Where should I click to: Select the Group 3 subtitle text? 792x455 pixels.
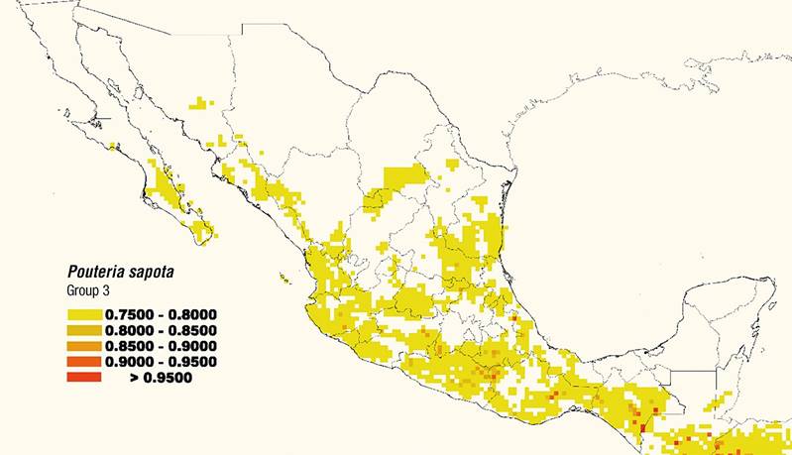(90, 290)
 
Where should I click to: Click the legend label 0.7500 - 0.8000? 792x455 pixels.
(161, 314)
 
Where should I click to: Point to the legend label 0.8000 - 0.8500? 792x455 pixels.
(161, 330)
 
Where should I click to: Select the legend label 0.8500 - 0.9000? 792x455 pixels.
(161, 345)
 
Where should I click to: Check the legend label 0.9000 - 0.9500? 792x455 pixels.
(161, 361)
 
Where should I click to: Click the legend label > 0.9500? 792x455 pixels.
(161, 377)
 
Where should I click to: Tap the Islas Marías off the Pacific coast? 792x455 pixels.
(285, 279)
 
